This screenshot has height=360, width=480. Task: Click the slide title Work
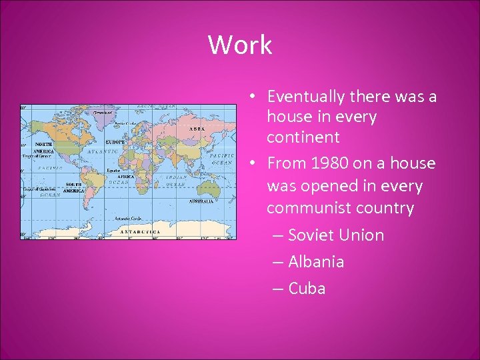click(240, 45)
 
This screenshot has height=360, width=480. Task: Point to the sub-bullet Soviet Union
click(336, 235)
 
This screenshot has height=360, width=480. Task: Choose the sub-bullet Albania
click(316, 261)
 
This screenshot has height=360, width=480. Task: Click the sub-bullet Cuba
click(307, 288)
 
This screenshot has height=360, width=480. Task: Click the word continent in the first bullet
click(303, 137)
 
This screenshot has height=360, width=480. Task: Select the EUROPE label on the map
click(115, 142)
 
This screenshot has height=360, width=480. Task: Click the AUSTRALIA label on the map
click(201, 201)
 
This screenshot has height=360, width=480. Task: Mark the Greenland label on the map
click(103, 113)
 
